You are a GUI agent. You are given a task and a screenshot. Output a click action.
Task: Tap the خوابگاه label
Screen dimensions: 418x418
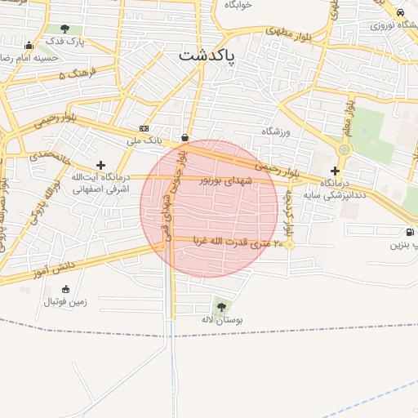click(x=238, y=5)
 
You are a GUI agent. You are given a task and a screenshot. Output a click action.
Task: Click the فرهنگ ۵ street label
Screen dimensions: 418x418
click(x=78, y=74)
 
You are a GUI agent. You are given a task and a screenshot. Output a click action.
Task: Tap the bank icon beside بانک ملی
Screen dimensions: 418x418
click(x=145, y=128)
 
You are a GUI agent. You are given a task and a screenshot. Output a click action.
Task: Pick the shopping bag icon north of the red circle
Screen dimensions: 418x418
click(x=185, y=137)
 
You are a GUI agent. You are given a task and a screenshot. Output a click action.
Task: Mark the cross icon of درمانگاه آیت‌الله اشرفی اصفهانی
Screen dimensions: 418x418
click(x=100, y=165)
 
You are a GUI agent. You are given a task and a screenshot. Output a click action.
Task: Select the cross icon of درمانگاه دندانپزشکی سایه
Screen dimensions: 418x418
click(x=335, y=171)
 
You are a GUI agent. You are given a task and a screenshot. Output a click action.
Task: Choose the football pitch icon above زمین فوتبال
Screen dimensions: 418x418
click(x=65, y=289)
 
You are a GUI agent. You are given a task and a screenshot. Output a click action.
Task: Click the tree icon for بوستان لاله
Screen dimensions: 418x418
click(x=222, y=306)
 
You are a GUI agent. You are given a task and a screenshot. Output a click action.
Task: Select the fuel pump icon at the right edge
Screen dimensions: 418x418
click(x=408, y=231)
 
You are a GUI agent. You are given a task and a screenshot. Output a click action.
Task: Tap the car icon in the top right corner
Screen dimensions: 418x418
click(x=400, y=13)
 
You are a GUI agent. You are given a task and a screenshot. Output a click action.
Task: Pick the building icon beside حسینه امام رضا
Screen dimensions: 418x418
click(x=29, y=46)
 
